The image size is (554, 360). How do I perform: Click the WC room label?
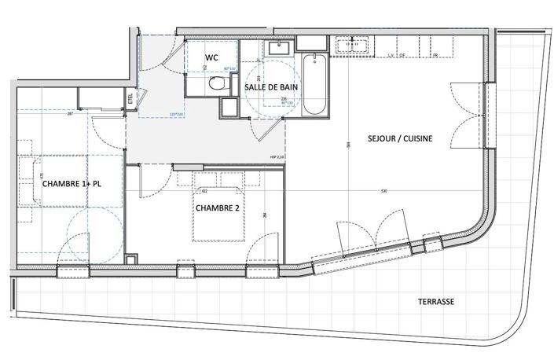[211, 58]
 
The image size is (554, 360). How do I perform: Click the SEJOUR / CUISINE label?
[400, 139]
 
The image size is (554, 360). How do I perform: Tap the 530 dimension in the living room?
[383, 191]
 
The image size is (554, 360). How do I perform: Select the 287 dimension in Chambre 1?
[70, 115]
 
